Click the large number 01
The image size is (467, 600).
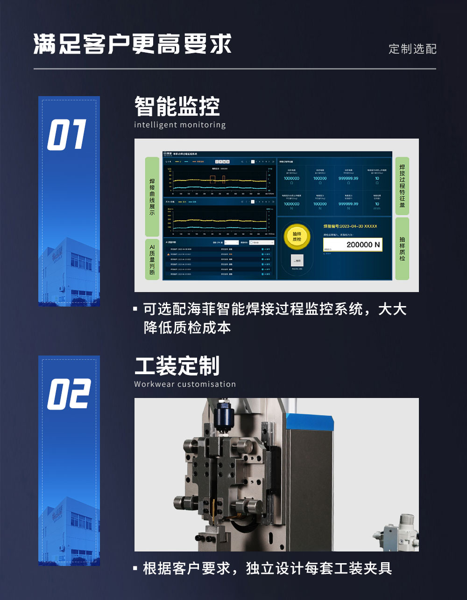tap(67, 135)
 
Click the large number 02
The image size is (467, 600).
tap(68, 394)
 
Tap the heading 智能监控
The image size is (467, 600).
tap(177, 106)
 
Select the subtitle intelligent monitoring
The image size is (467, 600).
tap(180, 125)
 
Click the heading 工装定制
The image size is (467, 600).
tap(177, 366)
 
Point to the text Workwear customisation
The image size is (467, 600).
tap(185, 384)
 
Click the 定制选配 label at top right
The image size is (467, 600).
tap(412, 49)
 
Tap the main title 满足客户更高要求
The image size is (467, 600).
tap(133, 45)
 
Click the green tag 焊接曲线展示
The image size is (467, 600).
tap(152, 197)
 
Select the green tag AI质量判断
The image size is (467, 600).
tap(152, 259)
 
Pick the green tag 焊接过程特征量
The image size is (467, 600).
tap(402, 186)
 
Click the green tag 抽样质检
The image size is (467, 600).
tap(402, 249)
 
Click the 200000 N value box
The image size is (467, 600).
tap(353, 244)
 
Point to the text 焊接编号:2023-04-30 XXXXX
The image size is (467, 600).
tap(350, 226)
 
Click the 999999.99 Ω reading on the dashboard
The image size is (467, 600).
tap(348, 179)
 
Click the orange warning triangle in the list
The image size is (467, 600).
tap(169, 254)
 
